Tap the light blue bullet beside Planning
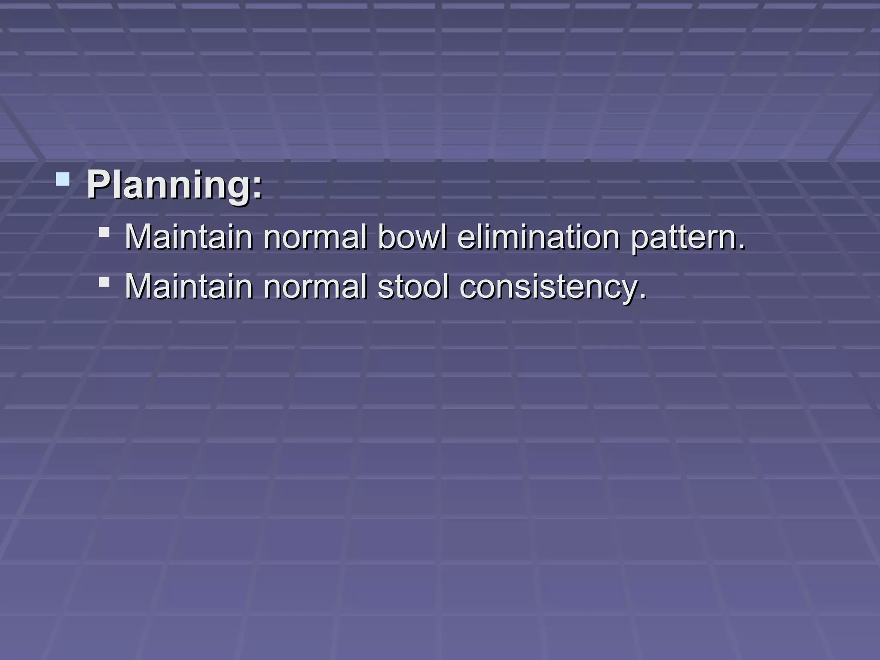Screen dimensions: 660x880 tap(63, 179)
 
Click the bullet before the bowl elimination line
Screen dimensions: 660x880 tap(104, 232)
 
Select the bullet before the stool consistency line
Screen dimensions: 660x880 tap(104, 282)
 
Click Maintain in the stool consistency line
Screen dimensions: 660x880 tap(189, 287)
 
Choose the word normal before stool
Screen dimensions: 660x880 tap(315, 287)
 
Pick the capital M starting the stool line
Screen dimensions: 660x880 tap(139, 287)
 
